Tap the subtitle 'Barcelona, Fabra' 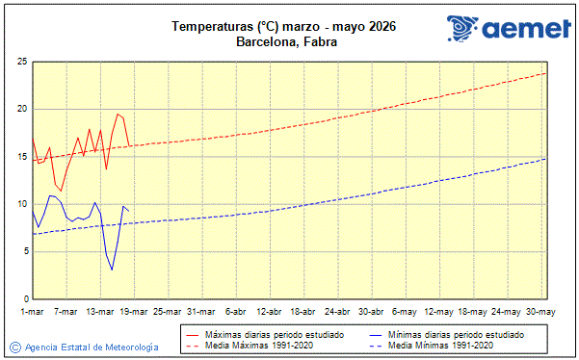(286, 41)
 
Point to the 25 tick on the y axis (20, 62)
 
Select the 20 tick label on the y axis (20, 109)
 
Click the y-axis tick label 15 (20, 157)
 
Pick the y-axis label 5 (23, 252)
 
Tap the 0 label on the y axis (23, 299)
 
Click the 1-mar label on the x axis (33, 312)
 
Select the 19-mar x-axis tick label (135, 312)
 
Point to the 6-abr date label (237, 312)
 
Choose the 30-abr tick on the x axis (373, 312)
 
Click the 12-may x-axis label (440, 312)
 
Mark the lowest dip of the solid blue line (112, 270)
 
